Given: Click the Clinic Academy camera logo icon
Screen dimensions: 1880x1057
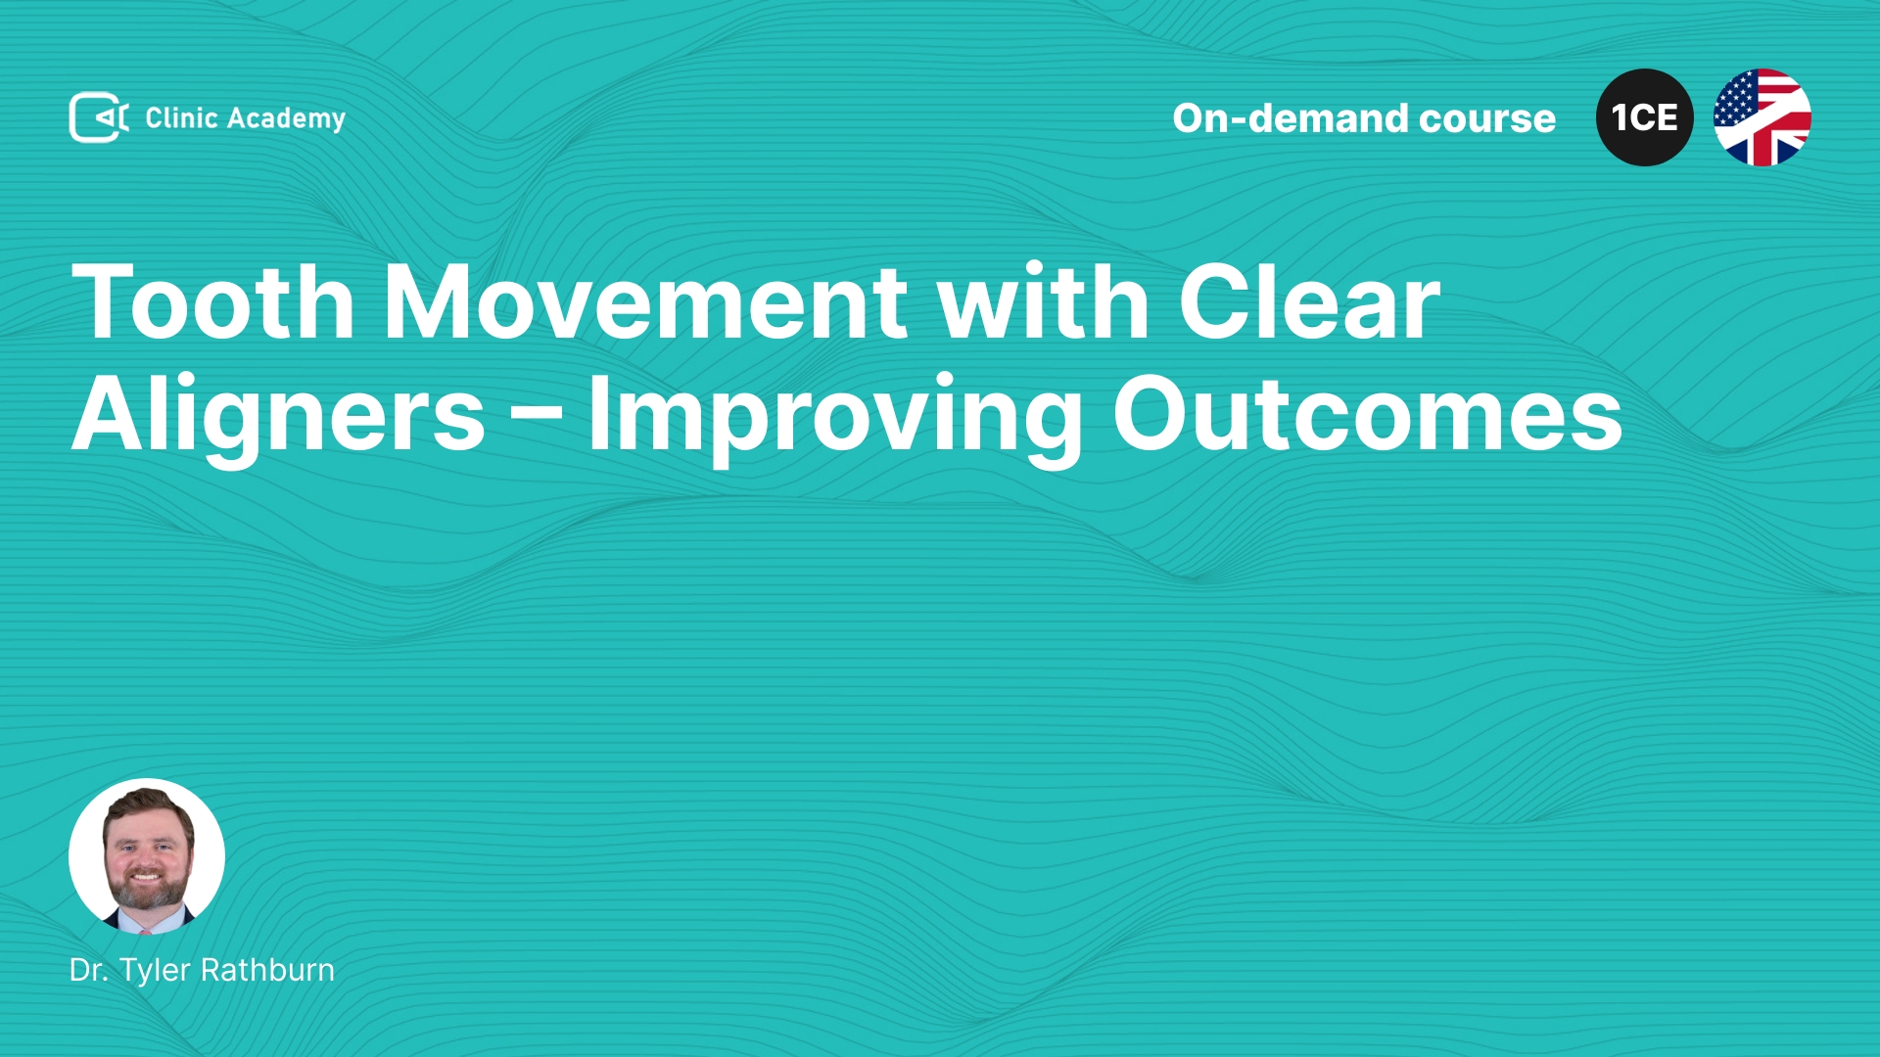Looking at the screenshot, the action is click(x=98, y=117).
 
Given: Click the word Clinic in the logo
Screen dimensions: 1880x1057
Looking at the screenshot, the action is click(x=181, y=117).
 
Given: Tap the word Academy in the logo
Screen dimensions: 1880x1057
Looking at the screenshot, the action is click(x=286, y=119).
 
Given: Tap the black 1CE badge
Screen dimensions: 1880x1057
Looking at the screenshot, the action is click(x=1645, y=117).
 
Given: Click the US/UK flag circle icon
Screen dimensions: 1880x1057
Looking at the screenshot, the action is click(x=1762, y=117).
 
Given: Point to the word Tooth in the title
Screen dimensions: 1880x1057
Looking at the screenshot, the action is click(x=213, y=301).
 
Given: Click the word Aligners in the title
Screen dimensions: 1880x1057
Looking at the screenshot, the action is click(x=279, y=417).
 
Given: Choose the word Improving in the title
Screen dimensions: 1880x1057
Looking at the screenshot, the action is click(x=835, y=417).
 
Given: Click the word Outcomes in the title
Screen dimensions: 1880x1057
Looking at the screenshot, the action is click(x=1367, y=415).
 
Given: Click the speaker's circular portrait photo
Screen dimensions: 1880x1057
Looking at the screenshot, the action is click(x=147, y=856).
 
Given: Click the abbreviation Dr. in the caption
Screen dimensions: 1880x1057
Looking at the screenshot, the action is click(x=89, y=970).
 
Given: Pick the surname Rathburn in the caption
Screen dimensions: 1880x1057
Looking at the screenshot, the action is click(x=268, y=970).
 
